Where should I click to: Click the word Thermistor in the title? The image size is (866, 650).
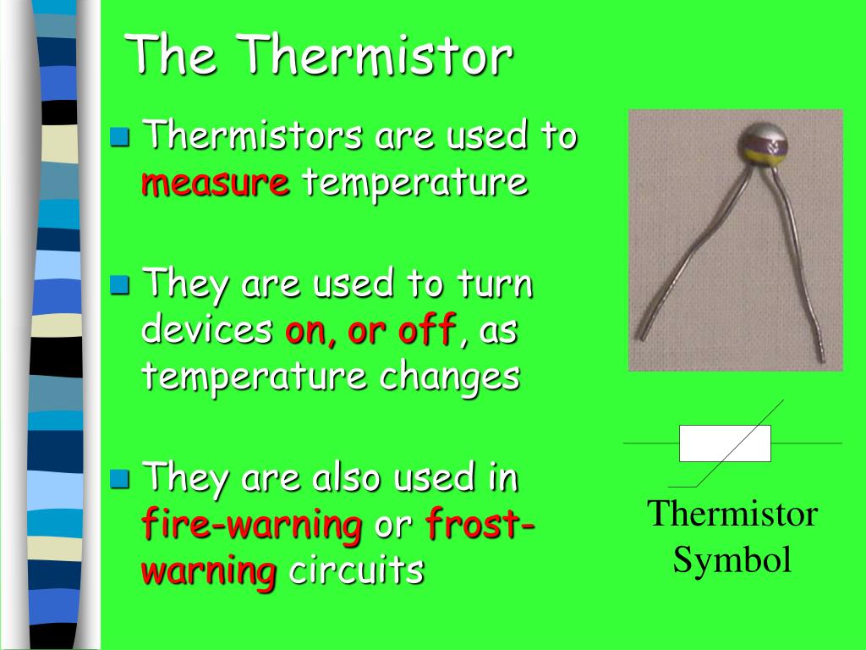tap(377, 54)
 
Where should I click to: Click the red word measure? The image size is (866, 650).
tap(216, 183)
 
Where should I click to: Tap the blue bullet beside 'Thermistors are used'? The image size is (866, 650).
tap(119, 136)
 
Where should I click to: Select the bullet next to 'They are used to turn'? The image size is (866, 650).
tap(119, 284)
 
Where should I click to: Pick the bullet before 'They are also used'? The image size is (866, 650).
tap(119, 479)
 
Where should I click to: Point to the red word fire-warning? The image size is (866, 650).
tap(252, 525)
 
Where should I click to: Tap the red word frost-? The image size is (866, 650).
tap(480, 522)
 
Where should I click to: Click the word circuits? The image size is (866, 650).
tap(356, 570)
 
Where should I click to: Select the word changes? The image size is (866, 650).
tap(450, 377)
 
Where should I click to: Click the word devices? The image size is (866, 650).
tap(207, 328)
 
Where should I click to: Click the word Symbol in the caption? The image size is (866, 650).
tap(732, 559)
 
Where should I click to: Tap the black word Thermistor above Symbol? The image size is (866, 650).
tap(732, 514)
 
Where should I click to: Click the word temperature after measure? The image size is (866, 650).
tap(415, 183)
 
